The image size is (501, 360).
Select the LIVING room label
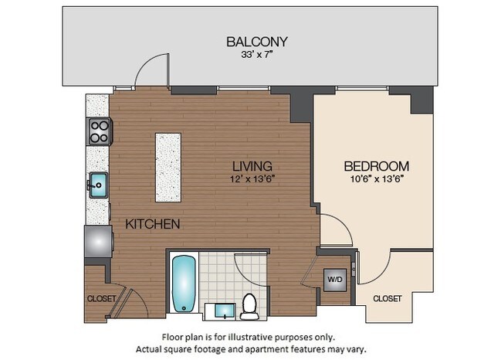click(x=253, y=165)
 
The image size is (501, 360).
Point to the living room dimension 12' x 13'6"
click(x=253, y=179)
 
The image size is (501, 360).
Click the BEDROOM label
click(x=376, y=166)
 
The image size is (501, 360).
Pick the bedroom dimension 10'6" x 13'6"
click(x=376, y=179)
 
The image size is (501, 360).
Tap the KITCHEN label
click(x=153, y=224)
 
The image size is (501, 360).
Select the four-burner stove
click(x=100, y=132)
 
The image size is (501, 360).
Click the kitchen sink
click(x=98, y=185)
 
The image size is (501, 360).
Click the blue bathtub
click(x=184, y=284)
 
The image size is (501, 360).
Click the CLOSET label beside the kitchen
click(x=101, y=298)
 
